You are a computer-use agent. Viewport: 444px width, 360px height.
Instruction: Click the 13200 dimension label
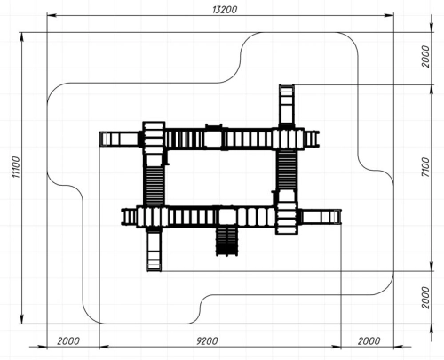[x=225, y=10]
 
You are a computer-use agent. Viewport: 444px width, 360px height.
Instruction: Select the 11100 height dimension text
[x=17, y=167]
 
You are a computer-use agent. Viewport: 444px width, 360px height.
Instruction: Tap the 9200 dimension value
[x=207, y=341]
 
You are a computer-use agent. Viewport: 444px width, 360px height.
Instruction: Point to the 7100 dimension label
[x=425, y=167]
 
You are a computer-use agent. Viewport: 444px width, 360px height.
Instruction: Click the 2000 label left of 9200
[x=68, y=341]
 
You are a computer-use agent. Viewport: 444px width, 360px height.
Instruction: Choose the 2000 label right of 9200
[x=369, y=341]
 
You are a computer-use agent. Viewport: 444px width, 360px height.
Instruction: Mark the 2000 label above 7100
[x=425, y=56]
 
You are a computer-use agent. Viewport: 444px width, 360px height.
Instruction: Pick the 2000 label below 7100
[x=425, y=298]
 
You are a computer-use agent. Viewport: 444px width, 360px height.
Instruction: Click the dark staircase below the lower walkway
[x=226, y=241]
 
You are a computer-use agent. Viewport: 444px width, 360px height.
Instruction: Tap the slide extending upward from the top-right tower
[x=287, y=106]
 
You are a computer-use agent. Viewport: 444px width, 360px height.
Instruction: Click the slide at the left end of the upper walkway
[x=120, y=139]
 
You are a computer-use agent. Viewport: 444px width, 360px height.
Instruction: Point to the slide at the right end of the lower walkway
[x=321, y=217]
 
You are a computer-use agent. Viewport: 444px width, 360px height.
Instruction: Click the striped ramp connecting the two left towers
[x=154, y=186]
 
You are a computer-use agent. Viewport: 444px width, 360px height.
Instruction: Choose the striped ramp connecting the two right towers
[x=287, y=170]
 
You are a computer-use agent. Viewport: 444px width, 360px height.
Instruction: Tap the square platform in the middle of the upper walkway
[x=213, y=139]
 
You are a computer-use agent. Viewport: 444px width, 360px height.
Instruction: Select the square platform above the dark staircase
[x=227, y=217]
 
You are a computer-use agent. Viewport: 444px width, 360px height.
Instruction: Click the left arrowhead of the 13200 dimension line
[x=52, y=15]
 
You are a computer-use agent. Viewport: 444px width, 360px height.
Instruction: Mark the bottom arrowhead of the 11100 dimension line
[x=21, y=319]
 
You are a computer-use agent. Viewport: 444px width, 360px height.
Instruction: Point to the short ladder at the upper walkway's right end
[x=312, y=139]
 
